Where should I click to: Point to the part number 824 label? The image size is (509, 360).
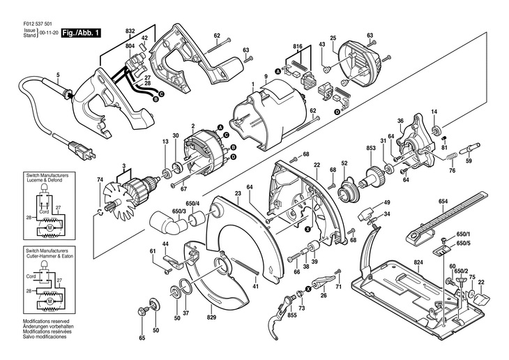click(418, 262)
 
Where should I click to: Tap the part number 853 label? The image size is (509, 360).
click(371, 149)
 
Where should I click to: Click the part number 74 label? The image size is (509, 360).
click(100, 179)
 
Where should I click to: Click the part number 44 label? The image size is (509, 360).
click(165, 243)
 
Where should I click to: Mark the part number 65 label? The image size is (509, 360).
click(142, 338)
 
